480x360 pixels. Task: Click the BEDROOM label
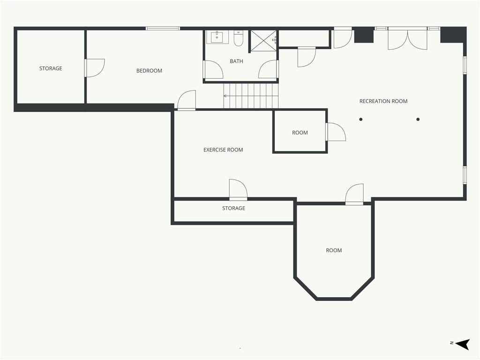coord(149,71)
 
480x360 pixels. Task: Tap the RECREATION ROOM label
coord(383,101)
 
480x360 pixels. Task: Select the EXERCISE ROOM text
coord(223,150)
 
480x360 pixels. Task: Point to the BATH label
coord(236,61)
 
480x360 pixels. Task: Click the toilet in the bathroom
coord(239,38)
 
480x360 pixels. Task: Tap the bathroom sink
coord(217,37)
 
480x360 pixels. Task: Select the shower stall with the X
coord(263,41)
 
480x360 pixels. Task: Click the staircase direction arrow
coord(251,96)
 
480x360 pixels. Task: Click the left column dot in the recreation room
coord(361,120)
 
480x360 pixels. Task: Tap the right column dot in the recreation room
coord(418,120)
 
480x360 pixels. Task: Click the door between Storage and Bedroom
coord(95,67)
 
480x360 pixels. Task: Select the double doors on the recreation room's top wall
coord(407,38)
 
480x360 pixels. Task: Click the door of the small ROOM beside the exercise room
coord(336,132)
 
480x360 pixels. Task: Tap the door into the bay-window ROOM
coord(354,194)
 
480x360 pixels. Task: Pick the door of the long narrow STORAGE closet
coord(238,190)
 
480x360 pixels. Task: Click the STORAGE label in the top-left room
coord(51,68)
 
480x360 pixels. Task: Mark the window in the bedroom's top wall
coord(163,29)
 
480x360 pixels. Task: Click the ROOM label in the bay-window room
coord(334,250)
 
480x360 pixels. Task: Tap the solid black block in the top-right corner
coord(453,35)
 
